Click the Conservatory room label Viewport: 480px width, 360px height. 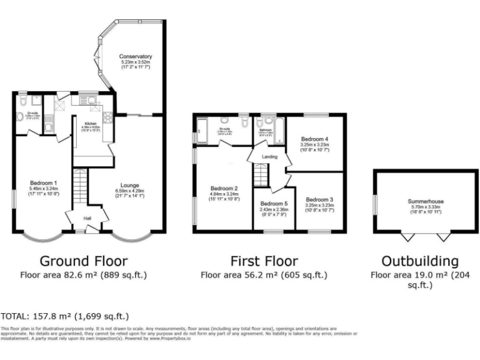[x=136, y=57]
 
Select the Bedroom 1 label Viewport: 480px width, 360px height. [x=44, y=183]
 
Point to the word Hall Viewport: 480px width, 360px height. [x=87, y=218]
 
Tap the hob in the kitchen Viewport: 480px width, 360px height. [x=106, y=116]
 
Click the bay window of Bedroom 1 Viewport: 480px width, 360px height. [x=43, y=236]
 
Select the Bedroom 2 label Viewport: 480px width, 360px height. [x=224, y=188]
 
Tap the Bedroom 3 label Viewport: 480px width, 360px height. [x=319, y=199]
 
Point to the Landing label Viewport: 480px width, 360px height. [x=270, y=157]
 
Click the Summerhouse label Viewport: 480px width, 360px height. [x=426, y=201]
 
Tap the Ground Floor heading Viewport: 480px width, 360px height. [x=84, y=261]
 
